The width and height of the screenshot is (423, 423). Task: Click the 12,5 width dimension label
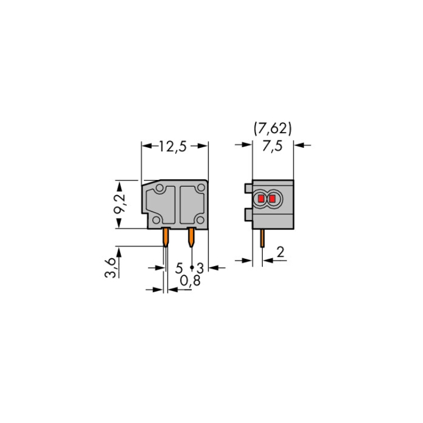tap(173, 147)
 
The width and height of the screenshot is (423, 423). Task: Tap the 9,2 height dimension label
tap(120, 203)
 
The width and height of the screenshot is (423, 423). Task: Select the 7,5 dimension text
tap(272, 146)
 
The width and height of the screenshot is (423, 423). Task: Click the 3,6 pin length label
tap(110, 267)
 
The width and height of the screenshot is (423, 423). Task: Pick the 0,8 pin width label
tap(190, 281)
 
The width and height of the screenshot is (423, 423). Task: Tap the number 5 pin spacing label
tap(179, 268)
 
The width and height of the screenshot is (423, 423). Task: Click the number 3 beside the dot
tap(200, 268)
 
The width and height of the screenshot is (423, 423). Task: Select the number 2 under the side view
tap(280, 252)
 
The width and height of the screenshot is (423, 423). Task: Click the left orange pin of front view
tap(166, 237)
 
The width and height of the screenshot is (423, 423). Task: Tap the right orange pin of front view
tap(191, 237)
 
